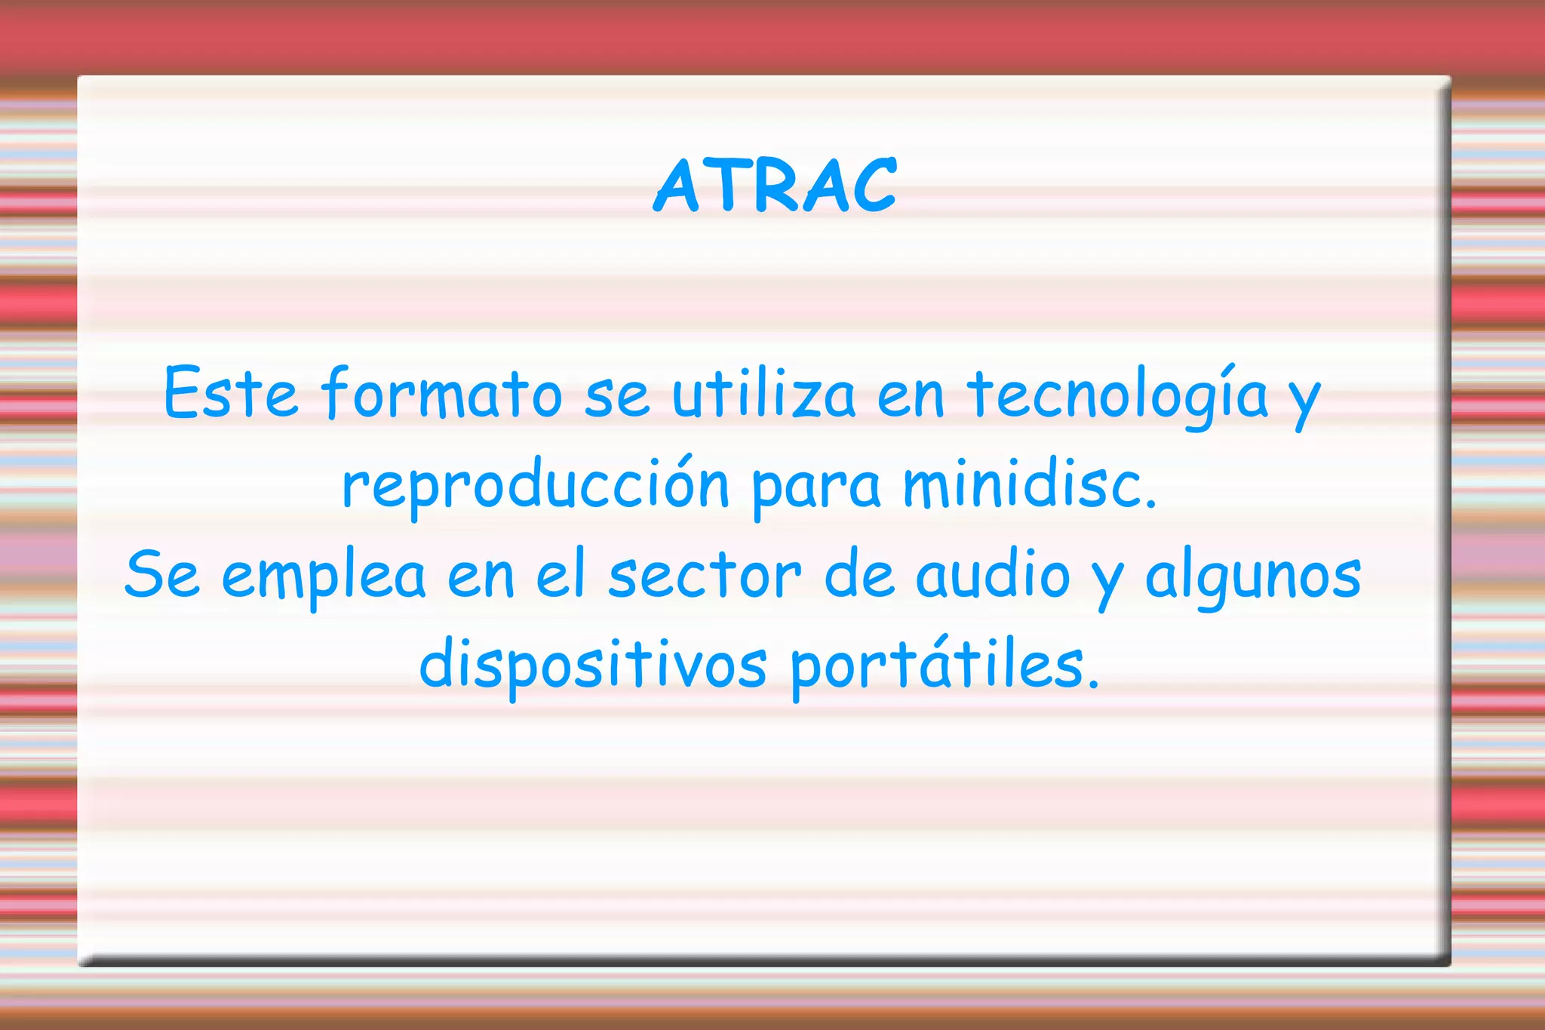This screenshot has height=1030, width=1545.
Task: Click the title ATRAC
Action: pyautogui.click(x=775, y=186)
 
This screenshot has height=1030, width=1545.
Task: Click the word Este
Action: pyautogui.click(x=231, y=394)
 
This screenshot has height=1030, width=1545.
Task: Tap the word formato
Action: pyautogui.click(x=442, y=394)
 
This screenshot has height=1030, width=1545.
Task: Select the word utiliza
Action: pyautogui.click(x=763, y=394)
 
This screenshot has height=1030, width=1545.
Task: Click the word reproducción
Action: pyautogui.click(x=536, y=484)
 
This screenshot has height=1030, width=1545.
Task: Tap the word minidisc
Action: pyautogui.click(x=1029, y=484)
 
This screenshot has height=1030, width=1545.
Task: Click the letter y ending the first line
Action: pyautogui.click(x=1304, y=400)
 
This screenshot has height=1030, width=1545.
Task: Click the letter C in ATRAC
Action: pyautogui.click(x=872, y=186)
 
